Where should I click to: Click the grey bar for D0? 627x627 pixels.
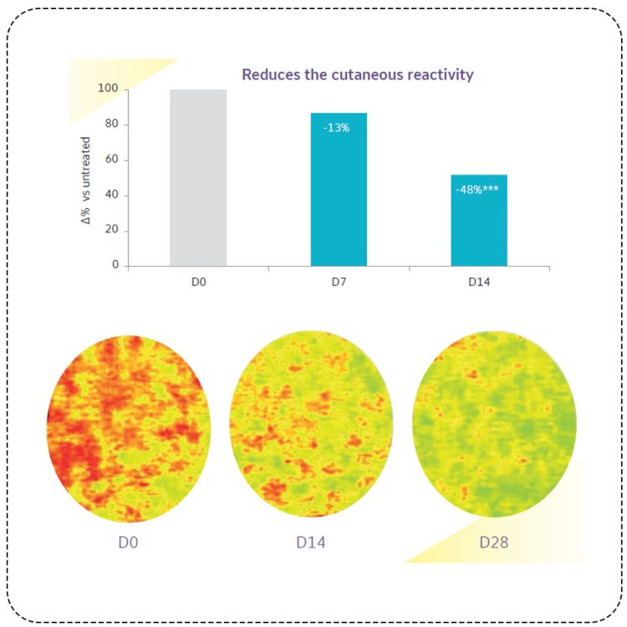[198, 177]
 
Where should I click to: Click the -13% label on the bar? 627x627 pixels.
[336, 128]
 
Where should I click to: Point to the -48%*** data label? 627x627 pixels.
[478, 190]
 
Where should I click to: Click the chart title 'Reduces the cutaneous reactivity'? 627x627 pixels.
[358, 74]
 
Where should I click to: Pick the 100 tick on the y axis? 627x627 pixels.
[109, 89]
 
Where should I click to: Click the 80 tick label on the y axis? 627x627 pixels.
[111, 125]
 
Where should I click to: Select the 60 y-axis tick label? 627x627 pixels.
[111, 161]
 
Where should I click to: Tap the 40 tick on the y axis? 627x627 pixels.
[111, 196]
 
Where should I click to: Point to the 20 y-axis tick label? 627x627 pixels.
[111, 231]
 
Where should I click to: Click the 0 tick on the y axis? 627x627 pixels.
[115, 266]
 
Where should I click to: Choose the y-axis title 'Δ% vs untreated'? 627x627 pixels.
[86, 178]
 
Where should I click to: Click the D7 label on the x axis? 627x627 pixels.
[339, 282]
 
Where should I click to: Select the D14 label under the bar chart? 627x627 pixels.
[479, 282]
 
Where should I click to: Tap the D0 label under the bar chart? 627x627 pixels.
[198, 282]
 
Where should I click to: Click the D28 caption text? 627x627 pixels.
[495, 542]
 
